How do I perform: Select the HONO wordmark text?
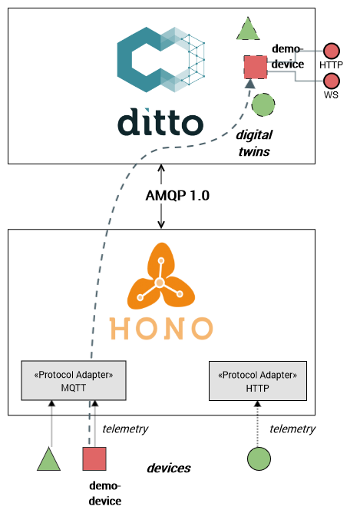tap(161, 328)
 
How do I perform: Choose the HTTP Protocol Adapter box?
tap(258, 381)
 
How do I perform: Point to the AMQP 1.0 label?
tap(177, 196)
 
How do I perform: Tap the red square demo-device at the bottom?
tap(94, 458)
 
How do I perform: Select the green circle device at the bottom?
tap(259, 459)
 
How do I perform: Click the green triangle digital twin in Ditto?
tap(246, 31)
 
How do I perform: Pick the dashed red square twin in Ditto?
tap(255, 67)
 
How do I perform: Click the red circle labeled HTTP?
tap(331, 51)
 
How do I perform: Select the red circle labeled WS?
tap(331, 81)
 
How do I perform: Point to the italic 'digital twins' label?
tap(254, 144)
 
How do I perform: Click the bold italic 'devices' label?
tap(169, 468)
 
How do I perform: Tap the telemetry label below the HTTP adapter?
tap(292, 429)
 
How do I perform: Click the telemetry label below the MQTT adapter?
tap(125, 429)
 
